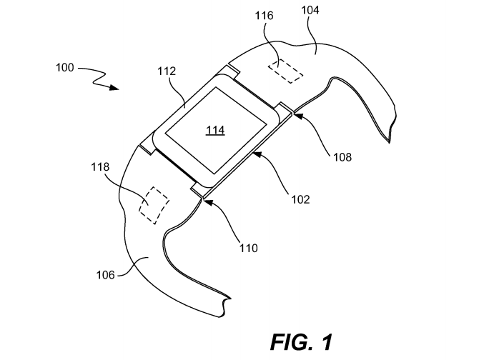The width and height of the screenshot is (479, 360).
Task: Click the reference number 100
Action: click(65, 67)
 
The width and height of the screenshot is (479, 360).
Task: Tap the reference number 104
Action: click(310, 11)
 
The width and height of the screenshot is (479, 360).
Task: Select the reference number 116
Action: click(265, 16)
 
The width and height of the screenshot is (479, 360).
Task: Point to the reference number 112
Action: click(167, 71)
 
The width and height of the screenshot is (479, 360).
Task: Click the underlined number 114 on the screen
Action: click(215, 130)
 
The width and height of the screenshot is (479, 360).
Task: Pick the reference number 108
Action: click(342, 157)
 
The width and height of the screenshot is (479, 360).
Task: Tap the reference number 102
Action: click(300, 199)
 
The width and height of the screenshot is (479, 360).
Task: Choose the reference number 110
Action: click(248, 249)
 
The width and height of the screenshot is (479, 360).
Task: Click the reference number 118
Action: click(100, 167)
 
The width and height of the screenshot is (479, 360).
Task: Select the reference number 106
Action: click(106, 275)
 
